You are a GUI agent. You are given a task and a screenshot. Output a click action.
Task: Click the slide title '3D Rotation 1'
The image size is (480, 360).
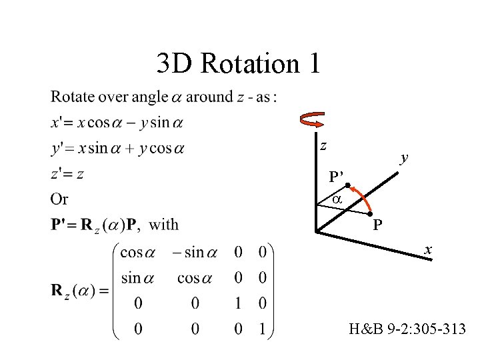[x=239, y=64]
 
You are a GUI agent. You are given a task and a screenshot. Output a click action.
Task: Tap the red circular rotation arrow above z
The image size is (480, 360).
[x=313, y=121]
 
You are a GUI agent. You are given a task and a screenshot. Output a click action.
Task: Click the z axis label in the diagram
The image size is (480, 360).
[x=323, y=145]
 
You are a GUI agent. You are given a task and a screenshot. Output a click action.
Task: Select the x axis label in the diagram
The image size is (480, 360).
[x=429, y=249]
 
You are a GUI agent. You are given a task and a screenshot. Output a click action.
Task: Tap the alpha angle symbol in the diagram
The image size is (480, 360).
[x=337, y=199]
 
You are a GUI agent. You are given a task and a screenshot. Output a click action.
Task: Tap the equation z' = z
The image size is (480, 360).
[x=67, y=174]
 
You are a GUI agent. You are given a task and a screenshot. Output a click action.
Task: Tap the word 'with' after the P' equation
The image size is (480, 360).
[x=164, y=224]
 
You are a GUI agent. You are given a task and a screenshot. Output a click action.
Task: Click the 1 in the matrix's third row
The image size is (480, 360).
[x=238, y=303]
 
